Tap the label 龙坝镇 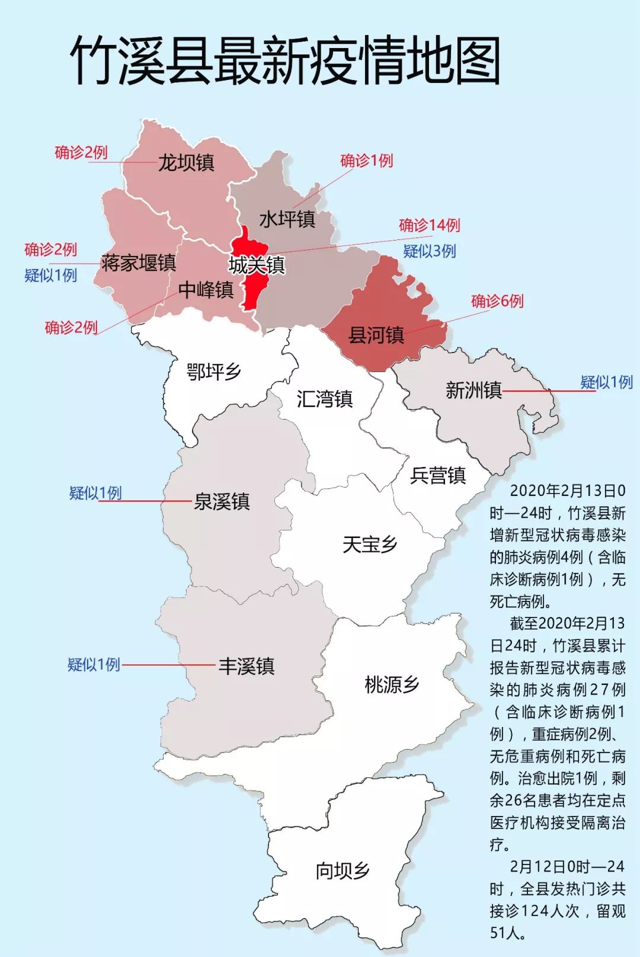tap(185, 162)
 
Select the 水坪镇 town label tap(287, 219)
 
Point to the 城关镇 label tap(257, 265)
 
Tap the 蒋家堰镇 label tap(138, 263)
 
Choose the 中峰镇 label tap(206, 290)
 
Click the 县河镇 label tap(376, 335)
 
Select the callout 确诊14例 tap(429, 225)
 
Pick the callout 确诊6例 tap(497, 301)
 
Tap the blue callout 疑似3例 tap(429, 251)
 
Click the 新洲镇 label tap(473, 390)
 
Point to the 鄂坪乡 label tap(213, 372)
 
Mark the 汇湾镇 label tap(324, 399)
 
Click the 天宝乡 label tap(369, 544)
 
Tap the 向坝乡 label tap(343, 870)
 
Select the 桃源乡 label tap(392, 684)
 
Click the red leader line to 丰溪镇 tap(169, 665)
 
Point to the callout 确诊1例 tap(366, 161)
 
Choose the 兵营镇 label tap(438, 475)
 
